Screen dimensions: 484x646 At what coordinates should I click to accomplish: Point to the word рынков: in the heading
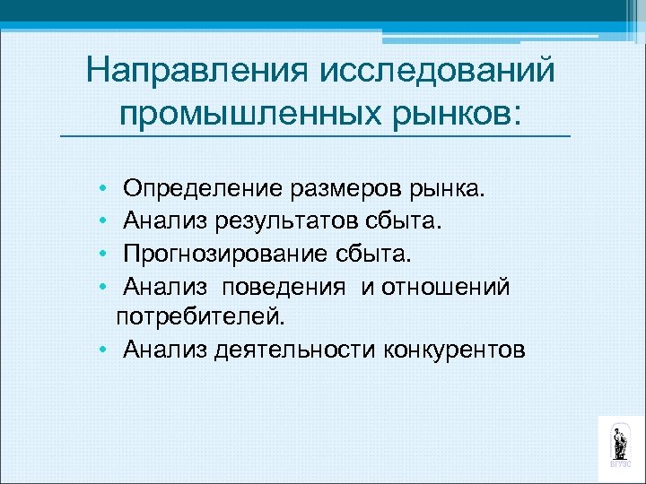[x=458, y=113]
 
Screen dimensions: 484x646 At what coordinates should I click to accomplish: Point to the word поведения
[x=284, y=287]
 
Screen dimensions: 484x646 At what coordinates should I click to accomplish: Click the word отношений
[x=445, y=287]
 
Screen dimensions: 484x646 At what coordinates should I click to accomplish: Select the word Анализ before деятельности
[x=166, y=348]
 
